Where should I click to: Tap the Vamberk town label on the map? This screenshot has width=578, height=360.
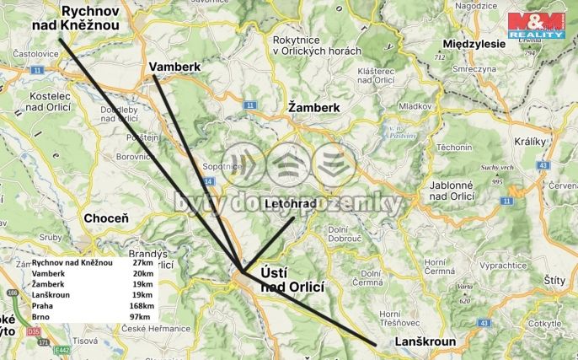tap(176, 66)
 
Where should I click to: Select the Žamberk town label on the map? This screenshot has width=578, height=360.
tap(313, 108)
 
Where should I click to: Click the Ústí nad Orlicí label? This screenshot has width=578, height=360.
tap(292, 280)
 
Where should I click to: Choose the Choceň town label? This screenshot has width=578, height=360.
tap(106, 218)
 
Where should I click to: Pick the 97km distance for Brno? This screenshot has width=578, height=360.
tap(142, 317)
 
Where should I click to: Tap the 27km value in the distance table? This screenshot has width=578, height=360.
tap(142, 263)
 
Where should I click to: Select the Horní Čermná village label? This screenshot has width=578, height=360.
tap(440, 266)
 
